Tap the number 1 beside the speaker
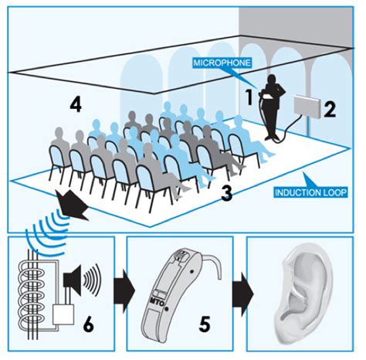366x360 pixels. (249, 97)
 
